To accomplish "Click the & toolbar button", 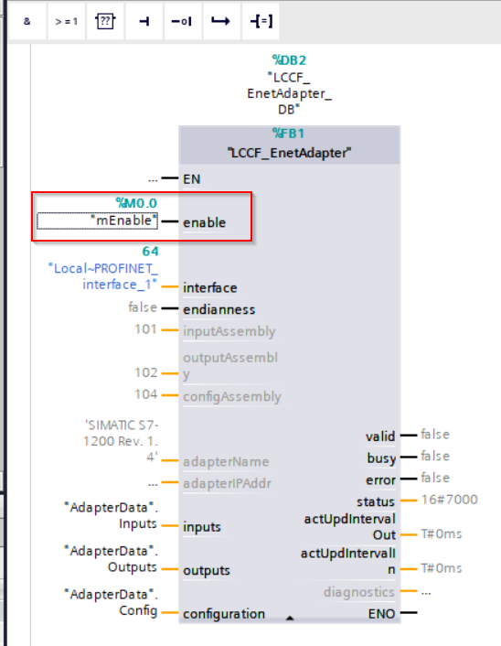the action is [x=27, y=21].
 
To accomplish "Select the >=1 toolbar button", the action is [x=66, y=21].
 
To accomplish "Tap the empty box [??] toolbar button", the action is [x=105, y=21].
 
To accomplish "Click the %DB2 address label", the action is [x=289, y=60].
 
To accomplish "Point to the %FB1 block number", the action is [x=289, y=134].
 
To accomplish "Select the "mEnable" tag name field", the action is [x=97, y=221].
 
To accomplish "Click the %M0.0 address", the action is [x=136, y=203].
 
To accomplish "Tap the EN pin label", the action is [x=192, y=179].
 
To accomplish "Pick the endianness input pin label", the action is [x=219, y=309].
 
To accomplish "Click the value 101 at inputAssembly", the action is [x=145, y=329].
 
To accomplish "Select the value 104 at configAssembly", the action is [x=145, y=394].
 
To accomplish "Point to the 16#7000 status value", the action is [x=449, y=500].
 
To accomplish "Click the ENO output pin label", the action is [x=381, y=614].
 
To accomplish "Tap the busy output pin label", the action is [x=381, y=458].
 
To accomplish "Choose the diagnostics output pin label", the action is [x=359, y=592].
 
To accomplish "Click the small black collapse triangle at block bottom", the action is [x=290, y=618].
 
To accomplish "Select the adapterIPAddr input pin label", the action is [x=228, y=483].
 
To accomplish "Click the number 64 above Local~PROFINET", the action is [x=150, y=252].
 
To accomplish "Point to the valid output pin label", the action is [x=380, y=436].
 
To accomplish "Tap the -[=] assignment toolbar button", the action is [x=261, y=21].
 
